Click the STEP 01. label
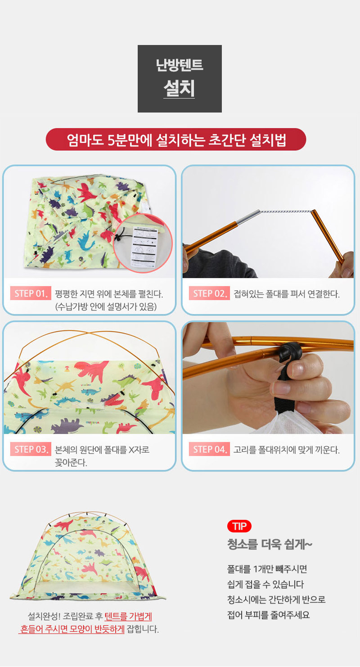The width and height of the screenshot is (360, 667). point(31,293)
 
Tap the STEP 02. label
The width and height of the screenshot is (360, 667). point(209,293)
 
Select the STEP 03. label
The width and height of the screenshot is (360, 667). point(31,449)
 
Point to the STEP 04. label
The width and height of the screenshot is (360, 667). point(209,449)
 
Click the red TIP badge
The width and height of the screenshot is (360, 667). point(239,526)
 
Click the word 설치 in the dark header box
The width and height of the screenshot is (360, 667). point(179,88)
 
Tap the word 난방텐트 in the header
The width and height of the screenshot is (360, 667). point(180,65)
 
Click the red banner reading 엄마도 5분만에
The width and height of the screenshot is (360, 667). point(176,140)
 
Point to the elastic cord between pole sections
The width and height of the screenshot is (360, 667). point(286,212)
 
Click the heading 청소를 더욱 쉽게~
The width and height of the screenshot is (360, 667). point(270,545)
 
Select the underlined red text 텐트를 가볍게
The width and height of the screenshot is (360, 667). point(128,616)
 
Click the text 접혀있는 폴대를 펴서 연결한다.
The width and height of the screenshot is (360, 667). point(287,294)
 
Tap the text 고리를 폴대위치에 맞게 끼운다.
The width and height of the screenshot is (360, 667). point(287,450)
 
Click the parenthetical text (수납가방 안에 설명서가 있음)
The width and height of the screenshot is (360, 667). point(106,306)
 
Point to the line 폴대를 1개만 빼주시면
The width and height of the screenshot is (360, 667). point(267,569)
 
